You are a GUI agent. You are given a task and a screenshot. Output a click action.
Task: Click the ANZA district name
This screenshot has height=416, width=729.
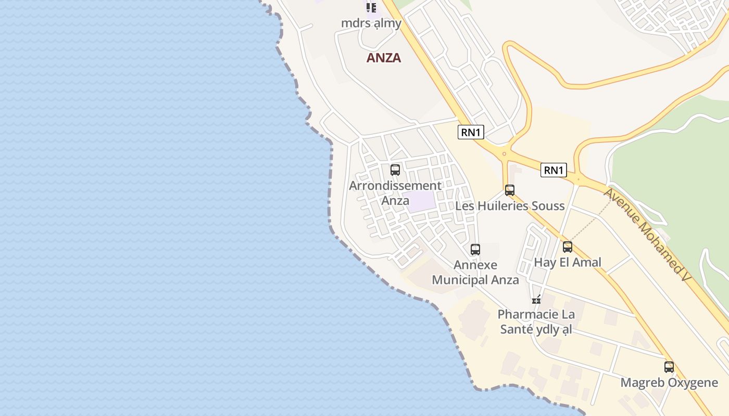tap(384, 58)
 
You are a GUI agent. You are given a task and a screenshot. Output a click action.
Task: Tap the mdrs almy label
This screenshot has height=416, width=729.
tap(371, 23)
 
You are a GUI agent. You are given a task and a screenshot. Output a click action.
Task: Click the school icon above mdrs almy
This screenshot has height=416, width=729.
tap(371, 7)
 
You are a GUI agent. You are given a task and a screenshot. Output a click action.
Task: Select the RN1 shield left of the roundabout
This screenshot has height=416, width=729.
tap(471, 132)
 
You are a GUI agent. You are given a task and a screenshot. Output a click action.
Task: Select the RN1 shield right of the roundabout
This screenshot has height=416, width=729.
tap(553, 170)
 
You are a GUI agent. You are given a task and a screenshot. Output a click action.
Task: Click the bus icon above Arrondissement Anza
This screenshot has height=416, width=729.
tap(395, 170)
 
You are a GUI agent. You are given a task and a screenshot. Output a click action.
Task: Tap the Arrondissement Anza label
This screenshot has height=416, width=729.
tap(395, 193)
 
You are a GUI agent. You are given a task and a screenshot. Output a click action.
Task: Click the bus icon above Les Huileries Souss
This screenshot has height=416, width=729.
tap(510, 190)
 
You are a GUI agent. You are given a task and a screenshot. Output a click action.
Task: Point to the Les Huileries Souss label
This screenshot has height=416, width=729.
tap(510, 206)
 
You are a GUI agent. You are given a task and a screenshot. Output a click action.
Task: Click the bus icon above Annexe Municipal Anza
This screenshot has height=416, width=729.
tap(475, 249)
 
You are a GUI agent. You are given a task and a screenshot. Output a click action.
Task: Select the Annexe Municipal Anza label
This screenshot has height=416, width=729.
tap(475, 272)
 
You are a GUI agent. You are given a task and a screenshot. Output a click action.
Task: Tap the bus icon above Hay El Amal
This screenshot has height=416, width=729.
tap(568, 247)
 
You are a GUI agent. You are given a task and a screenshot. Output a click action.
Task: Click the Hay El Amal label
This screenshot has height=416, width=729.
tap(568, 262)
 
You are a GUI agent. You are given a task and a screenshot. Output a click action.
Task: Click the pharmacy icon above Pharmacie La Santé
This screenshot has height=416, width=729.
tap(536, 299)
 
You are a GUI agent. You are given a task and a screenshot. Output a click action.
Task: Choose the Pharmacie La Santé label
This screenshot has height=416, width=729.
tap(536, 322)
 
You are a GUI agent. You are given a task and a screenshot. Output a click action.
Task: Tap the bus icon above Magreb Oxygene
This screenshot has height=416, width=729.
tap(669, 367)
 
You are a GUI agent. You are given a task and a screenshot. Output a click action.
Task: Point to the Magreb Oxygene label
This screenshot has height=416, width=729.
tap(669, 383)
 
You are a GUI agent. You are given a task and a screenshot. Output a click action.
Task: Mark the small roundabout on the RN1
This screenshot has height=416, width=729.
tap(504, 154)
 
